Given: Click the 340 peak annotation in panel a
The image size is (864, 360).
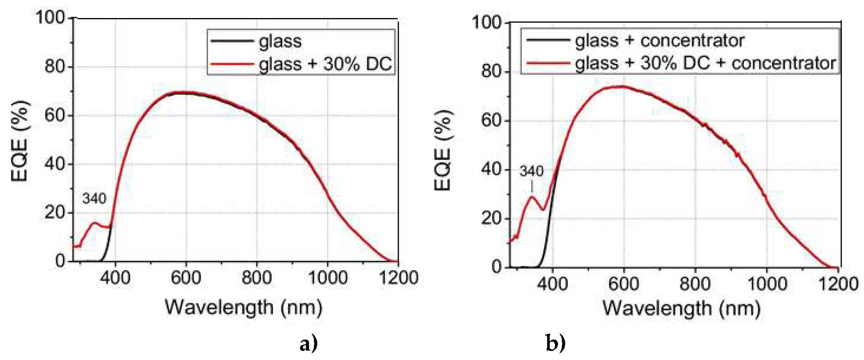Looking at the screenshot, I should point(94,198).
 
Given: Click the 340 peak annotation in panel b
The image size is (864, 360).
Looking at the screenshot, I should point(531,172).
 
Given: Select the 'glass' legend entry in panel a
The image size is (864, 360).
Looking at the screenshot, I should point(280,41).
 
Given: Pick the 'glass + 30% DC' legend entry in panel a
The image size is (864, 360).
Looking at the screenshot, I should point(325,64).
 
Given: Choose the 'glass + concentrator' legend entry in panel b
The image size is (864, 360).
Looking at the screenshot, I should point(659,40).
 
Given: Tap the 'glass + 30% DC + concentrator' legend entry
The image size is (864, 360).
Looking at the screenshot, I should point(705,63).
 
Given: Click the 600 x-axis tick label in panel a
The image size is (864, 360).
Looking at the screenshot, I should point(185,278).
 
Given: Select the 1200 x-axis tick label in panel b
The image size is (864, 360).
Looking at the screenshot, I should point(839,284).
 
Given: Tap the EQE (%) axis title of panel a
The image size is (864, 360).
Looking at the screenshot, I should point(20,141).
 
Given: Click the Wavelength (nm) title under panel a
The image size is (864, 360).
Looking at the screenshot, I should point(244,307).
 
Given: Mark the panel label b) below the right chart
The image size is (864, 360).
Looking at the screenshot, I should point(555,343).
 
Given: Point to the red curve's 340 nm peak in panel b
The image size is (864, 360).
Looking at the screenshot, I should point(532,196).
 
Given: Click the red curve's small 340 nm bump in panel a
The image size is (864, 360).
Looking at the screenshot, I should point(94,223).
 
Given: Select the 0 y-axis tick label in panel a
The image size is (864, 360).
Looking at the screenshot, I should point(60,261).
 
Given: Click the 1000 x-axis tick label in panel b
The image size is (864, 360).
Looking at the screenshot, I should point(766,284).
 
